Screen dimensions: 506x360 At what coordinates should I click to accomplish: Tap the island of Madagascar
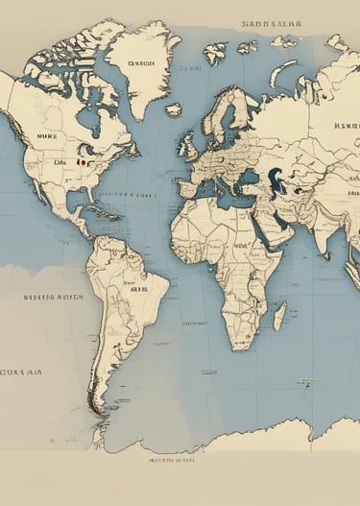(279, 315)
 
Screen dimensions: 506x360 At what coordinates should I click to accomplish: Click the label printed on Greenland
(140, 66)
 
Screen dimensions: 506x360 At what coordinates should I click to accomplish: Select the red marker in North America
(81, 162)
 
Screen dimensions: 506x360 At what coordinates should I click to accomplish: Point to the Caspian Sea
(275, 179)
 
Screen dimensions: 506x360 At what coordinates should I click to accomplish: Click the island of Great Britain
(192, 142)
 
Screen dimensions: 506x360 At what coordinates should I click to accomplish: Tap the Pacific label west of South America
(54, 298)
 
